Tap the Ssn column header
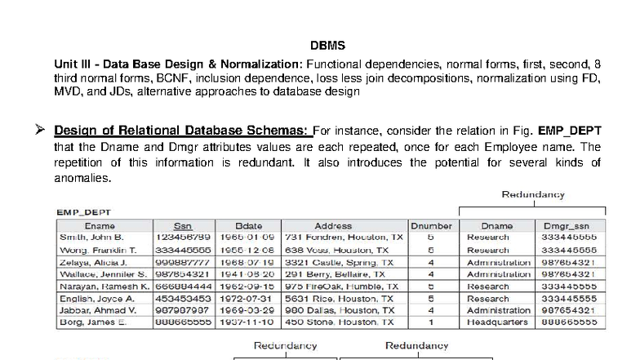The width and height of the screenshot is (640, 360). coord(183,225)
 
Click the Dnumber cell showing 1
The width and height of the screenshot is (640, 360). coord(430,322)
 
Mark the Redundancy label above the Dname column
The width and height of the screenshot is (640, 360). coord(532,194)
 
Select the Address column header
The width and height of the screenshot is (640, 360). coord(333,225)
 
